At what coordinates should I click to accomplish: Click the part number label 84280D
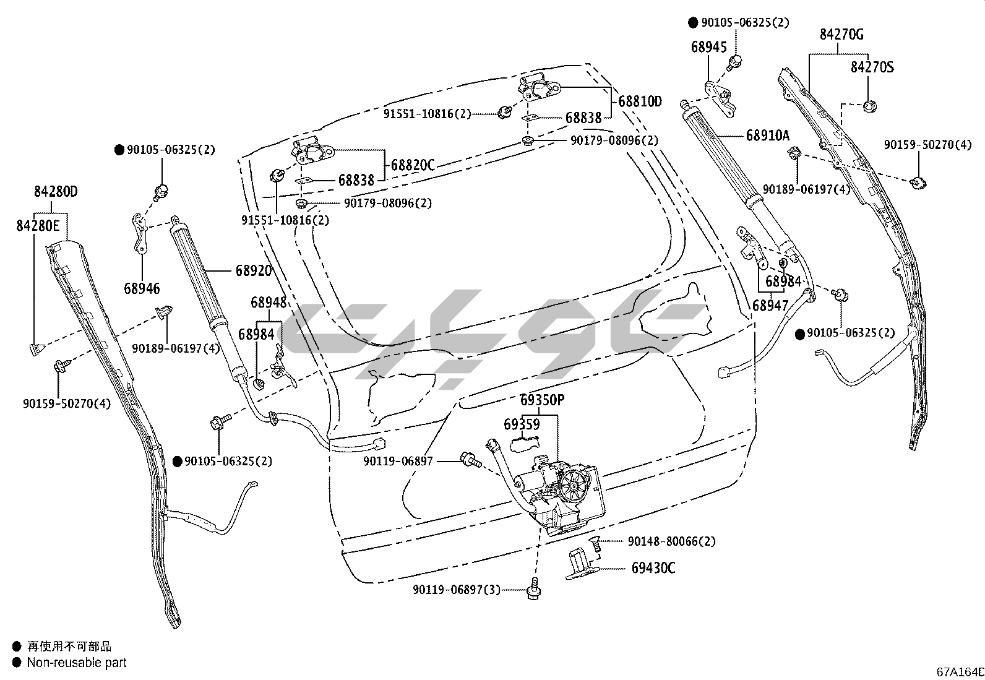(x=56, y=192)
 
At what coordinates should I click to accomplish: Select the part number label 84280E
(x=38, y=226)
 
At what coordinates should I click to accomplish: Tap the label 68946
(x=142, y=288)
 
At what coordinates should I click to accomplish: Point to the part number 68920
(x=254, y=270)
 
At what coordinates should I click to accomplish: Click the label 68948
(x=269, y=303)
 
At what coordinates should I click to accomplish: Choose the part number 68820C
(x=413, y=165)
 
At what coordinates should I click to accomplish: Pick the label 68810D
(x=640, y=101)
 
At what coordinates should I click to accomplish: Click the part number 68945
(x=709, y=47)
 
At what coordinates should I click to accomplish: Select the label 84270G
(x=841, y=35)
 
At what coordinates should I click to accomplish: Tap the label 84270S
(x=872, y=67)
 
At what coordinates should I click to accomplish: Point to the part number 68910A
(x=768, y=136)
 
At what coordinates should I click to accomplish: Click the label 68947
(x=770, y=305)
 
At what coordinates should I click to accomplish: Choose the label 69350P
(x=542, y=400)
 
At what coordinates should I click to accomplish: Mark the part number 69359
(x=522, y=424)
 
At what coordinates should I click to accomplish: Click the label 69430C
(x=653, y=567)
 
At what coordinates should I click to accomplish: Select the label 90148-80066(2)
(x=671, y=541)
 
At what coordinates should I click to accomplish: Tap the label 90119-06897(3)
(x=457, y=590)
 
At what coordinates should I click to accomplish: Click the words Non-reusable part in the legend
(x=77, y=663)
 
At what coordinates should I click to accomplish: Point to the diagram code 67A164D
(x=960, y=672)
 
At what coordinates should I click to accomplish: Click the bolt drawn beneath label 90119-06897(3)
(x=533, y=591)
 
